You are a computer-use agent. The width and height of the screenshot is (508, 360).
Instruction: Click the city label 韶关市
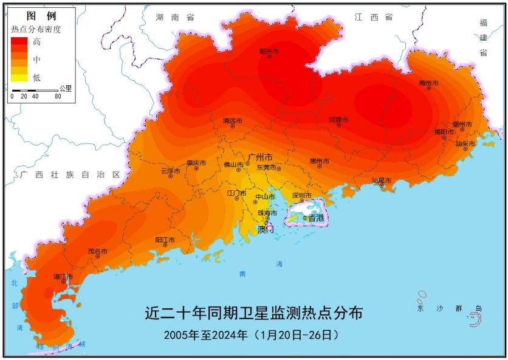coord(269,52)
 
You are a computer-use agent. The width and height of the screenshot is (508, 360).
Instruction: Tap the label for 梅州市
coord(428,82)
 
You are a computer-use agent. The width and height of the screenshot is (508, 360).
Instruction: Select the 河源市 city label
coord(338,119)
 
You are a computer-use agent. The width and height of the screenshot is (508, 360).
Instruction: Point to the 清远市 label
coord(232,121)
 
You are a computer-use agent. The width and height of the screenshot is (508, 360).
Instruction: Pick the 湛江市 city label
coord(63,277)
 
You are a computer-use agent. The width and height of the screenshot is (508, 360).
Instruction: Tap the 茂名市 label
coord(97,251)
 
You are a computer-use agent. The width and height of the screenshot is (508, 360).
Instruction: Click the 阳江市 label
coord(165,240)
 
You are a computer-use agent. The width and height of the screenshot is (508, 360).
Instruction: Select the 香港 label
coord(316,218)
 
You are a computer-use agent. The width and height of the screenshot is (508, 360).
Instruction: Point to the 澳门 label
coord(266,229)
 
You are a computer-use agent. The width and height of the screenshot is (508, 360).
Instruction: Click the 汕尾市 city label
coord(381,181)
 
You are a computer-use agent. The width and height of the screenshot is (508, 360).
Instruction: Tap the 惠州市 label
coord(319,161)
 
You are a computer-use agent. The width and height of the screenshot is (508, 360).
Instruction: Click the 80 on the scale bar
coord(58,96)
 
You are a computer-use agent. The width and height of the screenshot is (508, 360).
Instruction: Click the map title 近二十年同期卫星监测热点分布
coord(254,314)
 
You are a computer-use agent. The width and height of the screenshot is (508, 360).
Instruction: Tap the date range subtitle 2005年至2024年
coord(206,334)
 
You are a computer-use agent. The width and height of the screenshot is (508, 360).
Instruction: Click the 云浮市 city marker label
coord(171,170)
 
